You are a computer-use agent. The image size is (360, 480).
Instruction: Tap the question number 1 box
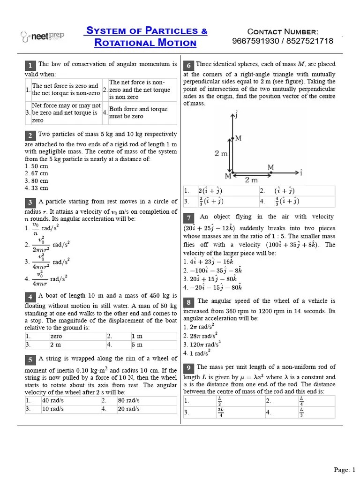tap(30, 65)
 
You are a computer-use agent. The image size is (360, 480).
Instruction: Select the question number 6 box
tap(188, 65)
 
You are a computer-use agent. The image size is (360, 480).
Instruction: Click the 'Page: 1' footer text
tap(345, 470)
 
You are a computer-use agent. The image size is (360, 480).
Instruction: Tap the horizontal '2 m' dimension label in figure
tap(251, 180)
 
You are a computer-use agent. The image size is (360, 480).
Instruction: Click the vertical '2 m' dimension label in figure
tap(221, 153)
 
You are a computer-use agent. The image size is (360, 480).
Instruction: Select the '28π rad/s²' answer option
tap(199, 336)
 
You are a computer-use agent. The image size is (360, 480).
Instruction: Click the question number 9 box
tap(188, 368)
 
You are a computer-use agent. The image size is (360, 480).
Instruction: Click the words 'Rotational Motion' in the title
tap(145, 43)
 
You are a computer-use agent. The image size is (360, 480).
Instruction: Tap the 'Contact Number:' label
tap(283, 31)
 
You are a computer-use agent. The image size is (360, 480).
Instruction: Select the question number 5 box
tap(30, 360)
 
